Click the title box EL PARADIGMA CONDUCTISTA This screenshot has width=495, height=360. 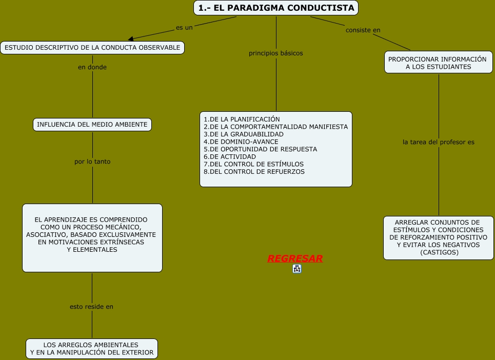276,8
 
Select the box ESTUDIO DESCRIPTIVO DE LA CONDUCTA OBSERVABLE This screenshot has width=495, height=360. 92,48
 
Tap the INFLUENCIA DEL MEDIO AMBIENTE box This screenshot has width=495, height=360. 92,124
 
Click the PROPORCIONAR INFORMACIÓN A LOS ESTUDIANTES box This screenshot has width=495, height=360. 438,63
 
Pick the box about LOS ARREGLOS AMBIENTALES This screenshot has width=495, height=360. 92,349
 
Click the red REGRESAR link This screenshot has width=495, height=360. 295,258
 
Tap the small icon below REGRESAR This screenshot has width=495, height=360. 297,269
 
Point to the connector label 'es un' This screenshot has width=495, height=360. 184,27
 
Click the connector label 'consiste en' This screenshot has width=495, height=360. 363,30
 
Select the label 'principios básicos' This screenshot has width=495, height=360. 275,53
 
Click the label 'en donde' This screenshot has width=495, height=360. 92,67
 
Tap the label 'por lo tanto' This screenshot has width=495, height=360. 92,161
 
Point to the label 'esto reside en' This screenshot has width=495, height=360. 91,307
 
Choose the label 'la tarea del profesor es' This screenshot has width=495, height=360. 439,142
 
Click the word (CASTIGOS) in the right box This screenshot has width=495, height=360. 439,252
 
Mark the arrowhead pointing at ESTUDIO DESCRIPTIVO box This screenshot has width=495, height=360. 131,38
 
